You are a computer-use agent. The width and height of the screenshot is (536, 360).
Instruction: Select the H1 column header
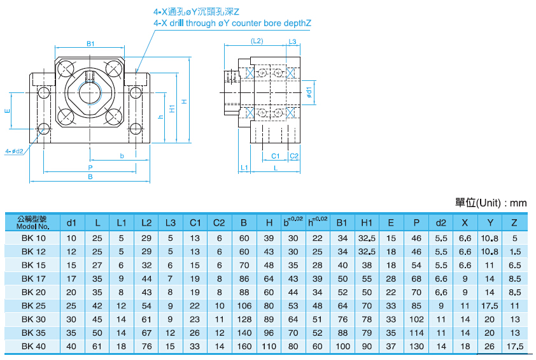pyautogui.click(x=367, y=222)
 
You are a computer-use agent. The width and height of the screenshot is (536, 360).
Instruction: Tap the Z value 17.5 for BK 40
pyautogui.click(x=516, y=346)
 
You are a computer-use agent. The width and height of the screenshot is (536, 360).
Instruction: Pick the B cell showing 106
pyautogui.click(x=244, y=305)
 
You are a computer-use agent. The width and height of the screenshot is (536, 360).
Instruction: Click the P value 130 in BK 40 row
pyautogui.click(x=416, y=346)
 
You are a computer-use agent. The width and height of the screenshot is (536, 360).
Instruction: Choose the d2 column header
pyautogui.click(x=441, y=222)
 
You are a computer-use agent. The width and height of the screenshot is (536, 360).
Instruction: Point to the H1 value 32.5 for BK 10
pyautogui.click(x=367, y=238)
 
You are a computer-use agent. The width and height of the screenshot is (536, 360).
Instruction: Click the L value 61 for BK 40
pyautogui.click(x=97, y=346)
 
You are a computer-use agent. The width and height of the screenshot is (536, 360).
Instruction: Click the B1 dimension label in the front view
pyautogui.click(x=90, y=44)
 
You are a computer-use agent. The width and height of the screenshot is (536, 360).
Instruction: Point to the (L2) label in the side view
pyautogui.click(x=257, y=41)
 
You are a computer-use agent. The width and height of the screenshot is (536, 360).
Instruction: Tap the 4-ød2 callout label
pyautogui.click(x=14, y=151)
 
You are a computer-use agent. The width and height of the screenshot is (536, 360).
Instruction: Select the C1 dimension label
pyautogui.click(x=276, y=155)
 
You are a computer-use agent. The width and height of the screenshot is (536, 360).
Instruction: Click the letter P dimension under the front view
pyautogui.click(x=91, y=167)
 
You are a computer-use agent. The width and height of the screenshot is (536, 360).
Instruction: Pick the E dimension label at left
pyautogui.click(x=8, y=111)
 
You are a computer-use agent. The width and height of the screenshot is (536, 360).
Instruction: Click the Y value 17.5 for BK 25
pyautogui.click(x=490, y=305)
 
